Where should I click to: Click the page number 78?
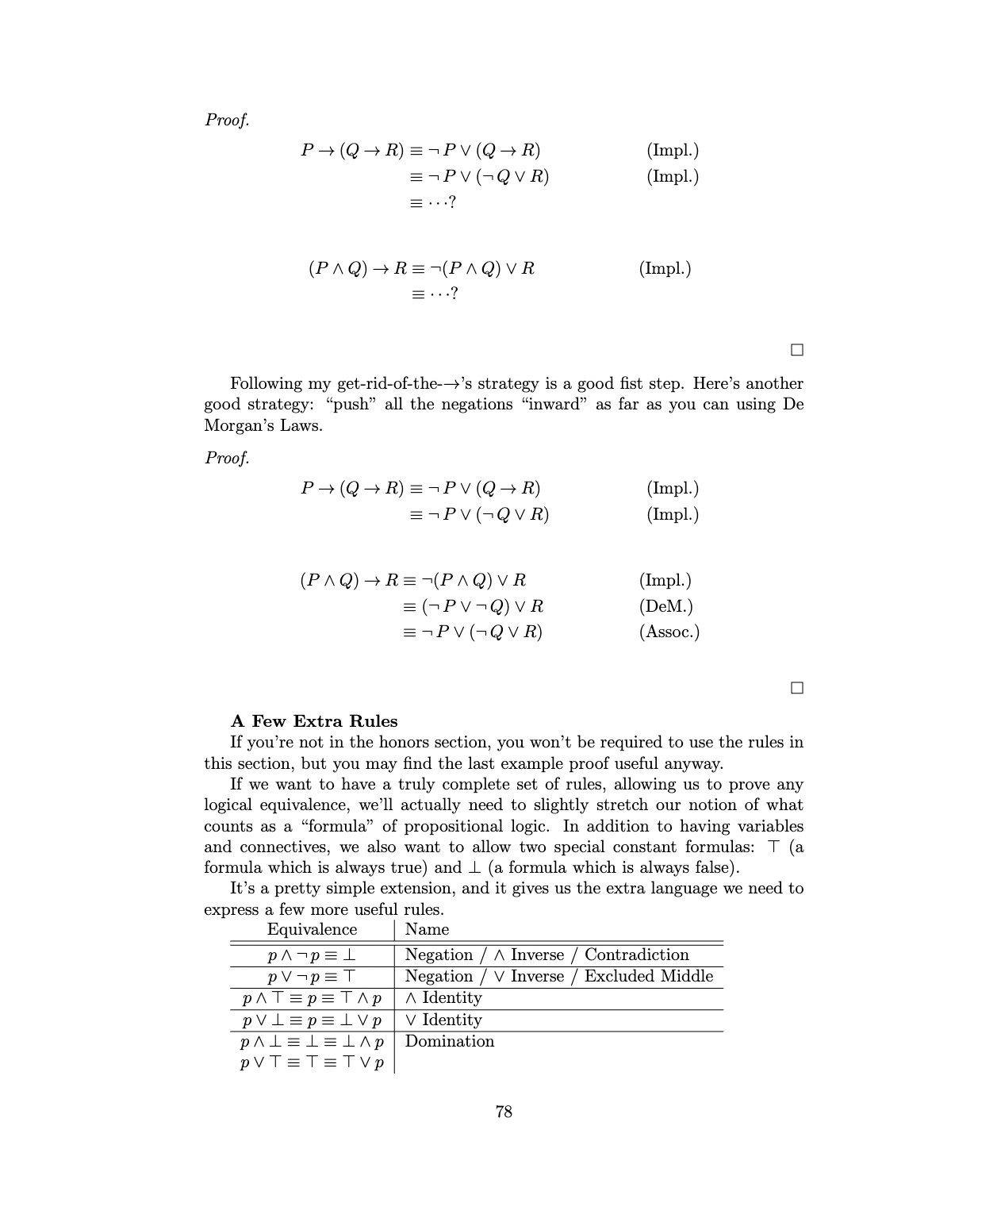pyautogui.click(x=504, y=1112)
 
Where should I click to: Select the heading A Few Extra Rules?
pyautogui.click(x=314, y=721)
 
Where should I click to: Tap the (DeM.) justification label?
pyautogui.click(x=665, y=606)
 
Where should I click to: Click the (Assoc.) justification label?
pyautogui.click(x=669, y=632)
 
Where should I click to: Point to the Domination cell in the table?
pyautogui.click(x=449, y=1041)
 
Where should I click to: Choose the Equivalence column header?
pyautogui.click(x=312, y=929)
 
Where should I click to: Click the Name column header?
pyautogui.click(x=427, y=929)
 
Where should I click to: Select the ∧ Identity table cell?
pyautogui.click(x=443, y=998)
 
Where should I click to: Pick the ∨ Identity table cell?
pyautogui.click(x=443, y=1020)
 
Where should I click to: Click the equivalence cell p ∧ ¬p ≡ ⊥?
pyautogui.click(x=312, y=955)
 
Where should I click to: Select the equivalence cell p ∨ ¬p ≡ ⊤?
pyautogui.click(x=312, y=977)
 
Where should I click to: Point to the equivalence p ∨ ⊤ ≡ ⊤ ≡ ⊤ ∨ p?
pyautogui.click(x=312, y=1062)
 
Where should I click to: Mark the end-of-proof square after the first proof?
pyautogui.click(x=797, y=350)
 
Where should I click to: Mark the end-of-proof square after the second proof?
pyautogui.click(x=797, y=688)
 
